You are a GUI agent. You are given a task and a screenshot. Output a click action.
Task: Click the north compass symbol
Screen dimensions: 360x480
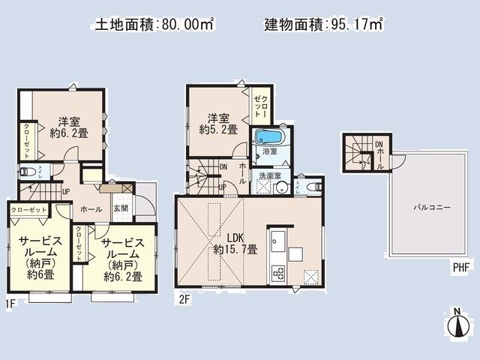[457, 325]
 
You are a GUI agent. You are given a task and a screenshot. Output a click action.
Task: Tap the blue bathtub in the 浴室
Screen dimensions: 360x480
[268, 137]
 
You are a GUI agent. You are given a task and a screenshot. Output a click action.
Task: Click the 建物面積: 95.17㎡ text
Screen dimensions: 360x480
[323, 24]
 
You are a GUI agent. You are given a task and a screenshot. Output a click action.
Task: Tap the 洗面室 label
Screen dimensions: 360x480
[269, 176]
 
